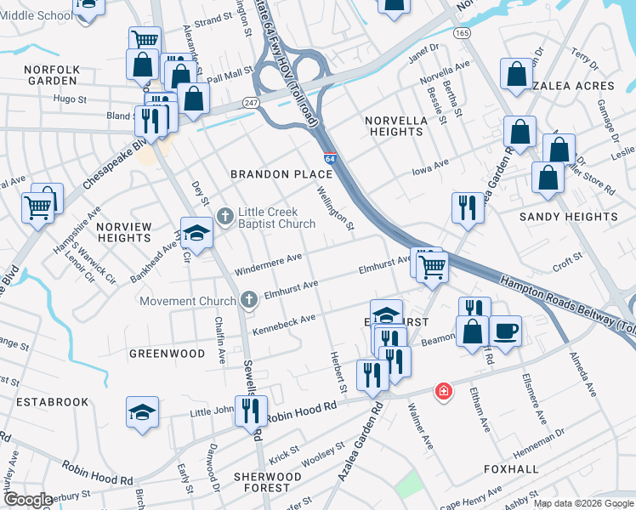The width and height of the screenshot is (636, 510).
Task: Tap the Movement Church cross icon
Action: [x=248, y=300]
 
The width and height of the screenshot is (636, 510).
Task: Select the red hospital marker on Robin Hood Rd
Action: [x=443, y=391]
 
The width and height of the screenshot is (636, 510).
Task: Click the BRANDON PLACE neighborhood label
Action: [x=281, y=174]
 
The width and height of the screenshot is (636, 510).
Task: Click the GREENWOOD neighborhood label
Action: [x=167, y=353]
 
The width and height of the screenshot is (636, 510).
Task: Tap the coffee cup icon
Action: [x=505, y=331]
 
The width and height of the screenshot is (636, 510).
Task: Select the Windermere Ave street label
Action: [x=269, y=263]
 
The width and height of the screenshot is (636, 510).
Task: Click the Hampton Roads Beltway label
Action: [x=565, y=303]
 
